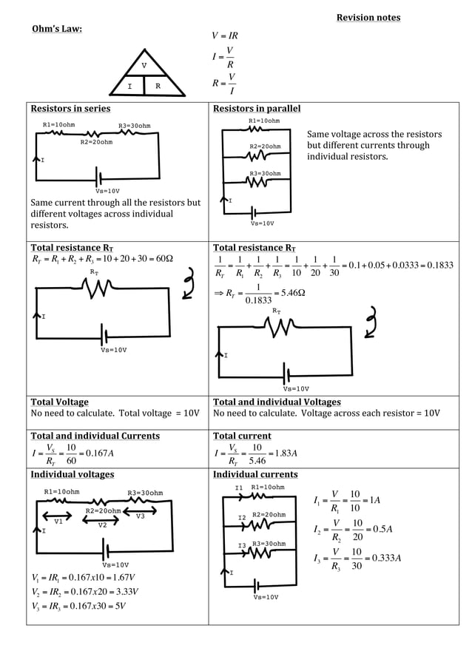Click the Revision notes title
(x=368, y=18)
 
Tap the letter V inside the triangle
(x=144, y=66)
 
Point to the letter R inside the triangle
(x=158, y=87)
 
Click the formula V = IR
(x=225, y=36)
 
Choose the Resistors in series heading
(x=70, y=109)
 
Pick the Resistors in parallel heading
(x=257, y=109)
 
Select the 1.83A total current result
(x=283, y=453)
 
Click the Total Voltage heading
(x=59, y=402)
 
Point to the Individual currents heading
(x=255, y=474)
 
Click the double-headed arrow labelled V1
(x=57, y=516)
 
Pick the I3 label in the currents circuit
(x=241, y=546)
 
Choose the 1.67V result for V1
(x=124, y=578)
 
